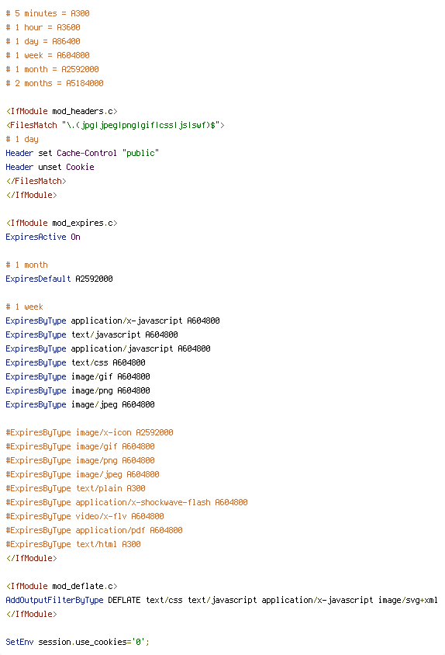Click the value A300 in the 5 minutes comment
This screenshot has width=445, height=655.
pos(80,13)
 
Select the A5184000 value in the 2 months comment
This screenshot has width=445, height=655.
pos(85,83)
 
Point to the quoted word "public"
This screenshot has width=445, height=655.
pos(140,154)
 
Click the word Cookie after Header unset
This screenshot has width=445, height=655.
pos(80,167)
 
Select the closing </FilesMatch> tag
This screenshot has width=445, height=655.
pos(36,181)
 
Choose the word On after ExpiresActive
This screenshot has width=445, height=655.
pos(75,237)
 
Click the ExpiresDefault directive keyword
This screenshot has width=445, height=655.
pos(39,279)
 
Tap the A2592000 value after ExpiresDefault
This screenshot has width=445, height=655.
pos(94,279)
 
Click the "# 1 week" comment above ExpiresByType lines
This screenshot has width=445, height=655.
pos(24,307)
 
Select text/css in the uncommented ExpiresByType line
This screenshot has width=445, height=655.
pos(89,362)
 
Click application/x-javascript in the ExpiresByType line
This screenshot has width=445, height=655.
pos(126,321)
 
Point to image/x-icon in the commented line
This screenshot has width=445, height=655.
pos(104,432)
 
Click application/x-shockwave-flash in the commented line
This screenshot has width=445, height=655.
pos(143,502)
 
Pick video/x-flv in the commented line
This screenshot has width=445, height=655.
pos(101,516)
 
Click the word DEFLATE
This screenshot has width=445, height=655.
pos(124,600)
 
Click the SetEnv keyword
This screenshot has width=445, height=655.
pos(19,642)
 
